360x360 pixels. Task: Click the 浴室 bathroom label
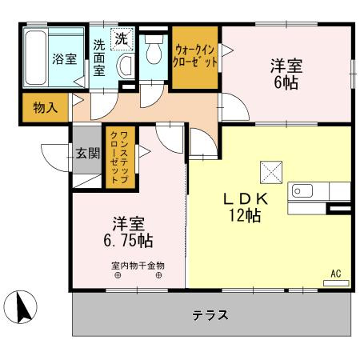(63, 58)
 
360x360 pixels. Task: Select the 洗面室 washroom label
(98, 58)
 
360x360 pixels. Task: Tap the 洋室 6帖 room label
(284, 71)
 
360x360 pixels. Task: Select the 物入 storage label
(44, 107)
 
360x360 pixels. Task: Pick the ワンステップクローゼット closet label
(116, 156)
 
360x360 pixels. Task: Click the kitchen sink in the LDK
(302, 190)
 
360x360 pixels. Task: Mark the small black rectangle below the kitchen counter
(340, 210)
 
